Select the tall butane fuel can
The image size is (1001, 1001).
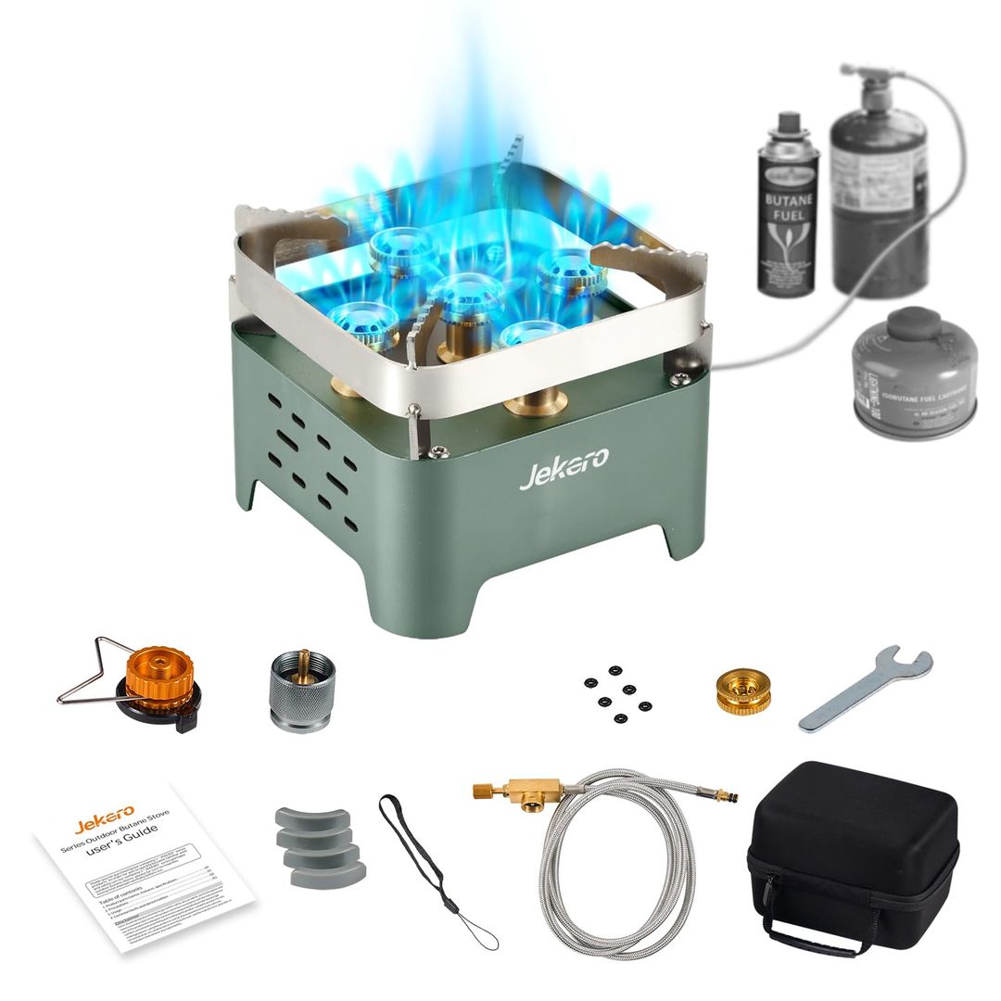(789, 209)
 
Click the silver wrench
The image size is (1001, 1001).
(865, 688)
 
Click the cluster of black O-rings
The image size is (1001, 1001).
(617, 695)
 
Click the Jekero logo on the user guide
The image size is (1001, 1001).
(104, 820)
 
